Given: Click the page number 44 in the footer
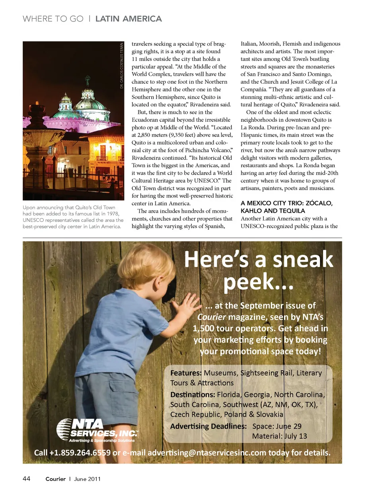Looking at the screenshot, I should click(x=26, y=478).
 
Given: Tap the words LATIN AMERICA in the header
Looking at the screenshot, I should click(x=129, y=19).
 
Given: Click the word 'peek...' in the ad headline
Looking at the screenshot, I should click(x=258, y=282).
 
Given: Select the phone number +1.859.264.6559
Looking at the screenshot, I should click(x=80, y=453).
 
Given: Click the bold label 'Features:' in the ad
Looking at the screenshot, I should click(x=186, y=373).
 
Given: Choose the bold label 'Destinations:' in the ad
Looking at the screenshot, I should click(x=193, y=394).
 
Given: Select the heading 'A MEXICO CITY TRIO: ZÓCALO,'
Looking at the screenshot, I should click(x=286, y=203).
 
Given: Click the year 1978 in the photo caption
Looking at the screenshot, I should click(x=113, y=214).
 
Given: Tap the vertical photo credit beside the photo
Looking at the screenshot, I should click(x=122, y=66).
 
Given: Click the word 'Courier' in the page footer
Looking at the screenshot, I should click(x=55, y=479).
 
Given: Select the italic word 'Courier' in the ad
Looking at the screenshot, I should click(x=211, y=317).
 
